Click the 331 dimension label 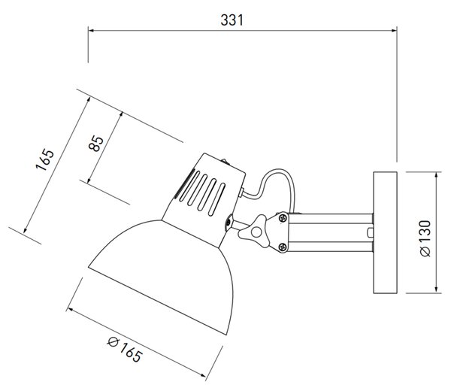coord(232,20)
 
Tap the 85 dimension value coord(96,144)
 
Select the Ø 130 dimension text coord(425,238)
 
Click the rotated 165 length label coord(45,159)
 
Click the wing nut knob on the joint coord(254,231)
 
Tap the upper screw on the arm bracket coord(283,217)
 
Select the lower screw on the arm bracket coord(283,247)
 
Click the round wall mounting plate coord(385,232)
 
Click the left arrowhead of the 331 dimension coord(92,30)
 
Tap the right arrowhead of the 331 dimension coord(393,30)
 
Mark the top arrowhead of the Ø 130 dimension coord(437,176)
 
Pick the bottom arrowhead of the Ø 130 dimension coord(437,289)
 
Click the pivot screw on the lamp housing coord(229,222)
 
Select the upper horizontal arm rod coord(331,218)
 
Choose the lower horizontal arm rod coord(331,247)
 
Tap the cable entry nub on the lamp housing coord(241,192)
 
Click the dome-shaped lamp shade coord(161,276)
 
